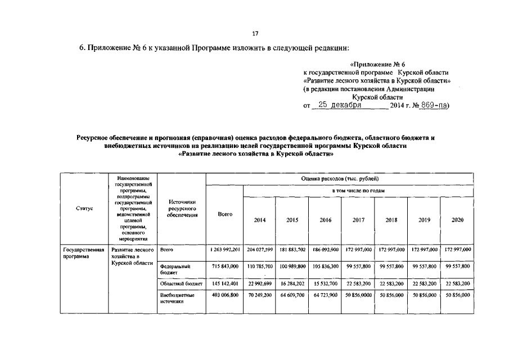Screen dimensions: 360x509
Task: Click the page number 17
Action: (255, 33)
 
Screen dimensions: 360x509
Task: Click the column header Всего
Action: (225, 215)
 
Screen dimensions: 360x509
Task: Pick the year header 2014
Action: (259, 220)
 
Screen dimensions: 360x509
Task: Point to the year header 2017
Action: (358, 220)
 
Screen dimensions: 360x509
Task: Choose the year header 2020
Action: (457, 220)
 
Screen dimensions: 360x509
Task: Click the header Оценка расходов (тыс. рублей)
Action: (340, 178)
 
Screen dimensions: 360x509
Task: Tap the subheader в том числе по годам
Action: (358, 191)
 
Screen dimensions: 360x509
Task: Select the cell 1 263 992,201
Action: (224, 249)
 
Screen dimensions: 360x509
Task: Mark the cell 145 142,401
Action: (225, 283)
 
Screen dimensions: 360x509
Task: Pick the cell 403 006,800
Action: (225, 294)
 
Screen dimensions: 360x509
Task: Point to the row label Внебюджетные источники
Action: (177, 298)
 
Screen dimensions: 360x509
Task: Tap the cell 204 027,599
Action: (260, 249)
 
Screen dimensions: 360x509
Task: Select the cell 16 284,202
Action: (292, 283)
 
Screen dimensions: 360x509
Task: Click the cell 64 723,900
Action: (325, 294)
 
